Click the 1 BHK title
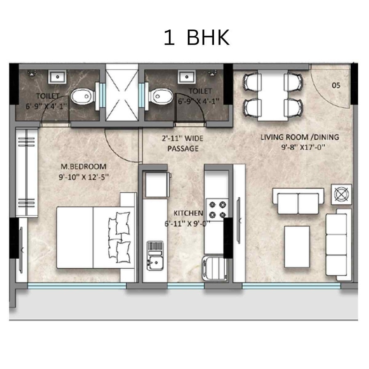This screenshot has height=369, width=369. coord(196,38)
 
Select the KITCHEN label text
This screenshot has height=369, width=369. coord(188,213)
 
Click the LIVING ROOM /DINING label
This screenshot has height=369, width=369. coord(300,137)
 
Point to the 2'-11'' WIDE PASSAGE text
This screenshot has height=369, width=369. coord(183,144)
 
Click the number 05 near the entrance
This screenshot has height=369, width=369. coord(336,86)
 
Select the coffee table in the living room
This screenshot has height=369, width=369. coord(296,247)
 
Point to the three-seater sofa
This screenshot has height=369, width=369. coord(339,245)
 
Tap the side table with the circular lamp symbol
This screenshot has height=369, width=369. coord(342,194)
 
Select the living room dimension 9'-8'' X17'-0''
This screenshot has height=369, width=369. coord(300,148)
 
